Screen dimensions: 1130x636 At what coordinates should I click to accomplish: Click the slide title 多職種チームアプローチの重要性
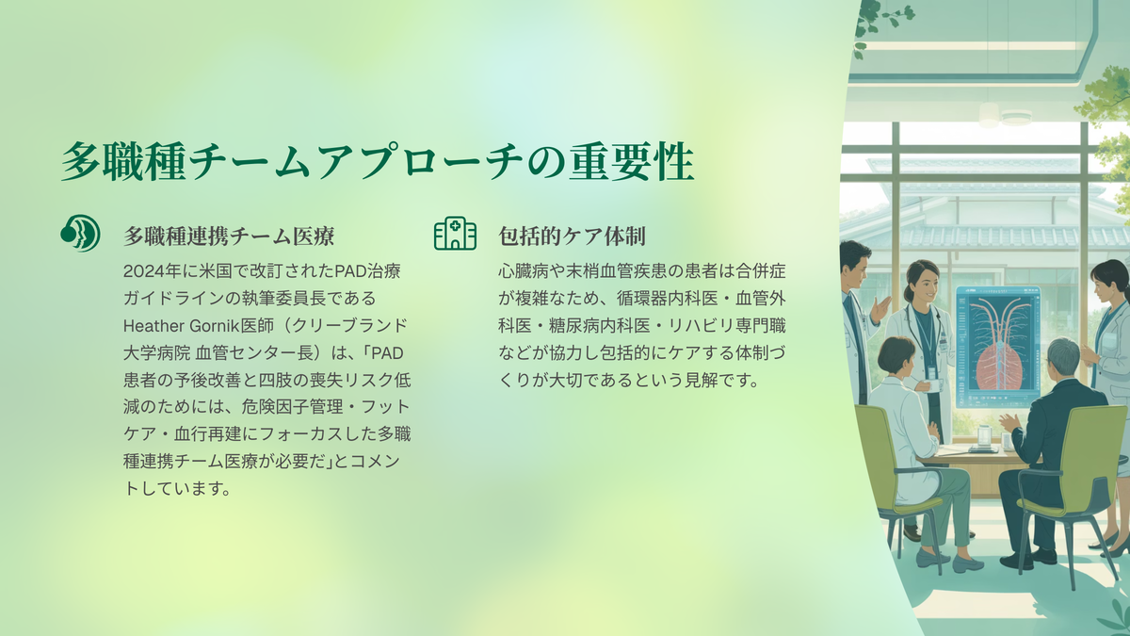(x=378, y=161)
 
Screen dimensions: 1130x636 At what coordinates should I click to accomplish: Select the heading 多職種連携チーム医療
(x=229, y=236)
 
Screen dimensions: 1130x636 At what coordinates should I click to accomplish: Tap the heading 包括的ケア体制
(x=573, y=236)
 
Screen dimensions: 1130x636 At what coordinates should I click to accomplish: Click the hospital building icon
(x=455, y=234)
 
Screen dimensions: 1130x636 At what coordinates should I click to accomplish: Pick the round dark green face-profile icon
(x=80, y=234)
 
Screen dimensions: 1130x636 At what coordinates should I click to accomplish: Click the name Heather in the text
(x=153, y=326)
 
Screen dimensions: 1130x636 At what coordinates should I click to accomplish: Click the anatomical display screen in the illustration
(x=997, y=348)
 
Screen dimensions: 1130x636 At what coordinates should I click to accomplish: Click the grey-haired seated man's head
(x=1063, y=358)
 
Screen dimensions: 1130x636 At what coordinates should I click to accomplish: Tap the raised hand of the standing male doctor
(x=880, y=308)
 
